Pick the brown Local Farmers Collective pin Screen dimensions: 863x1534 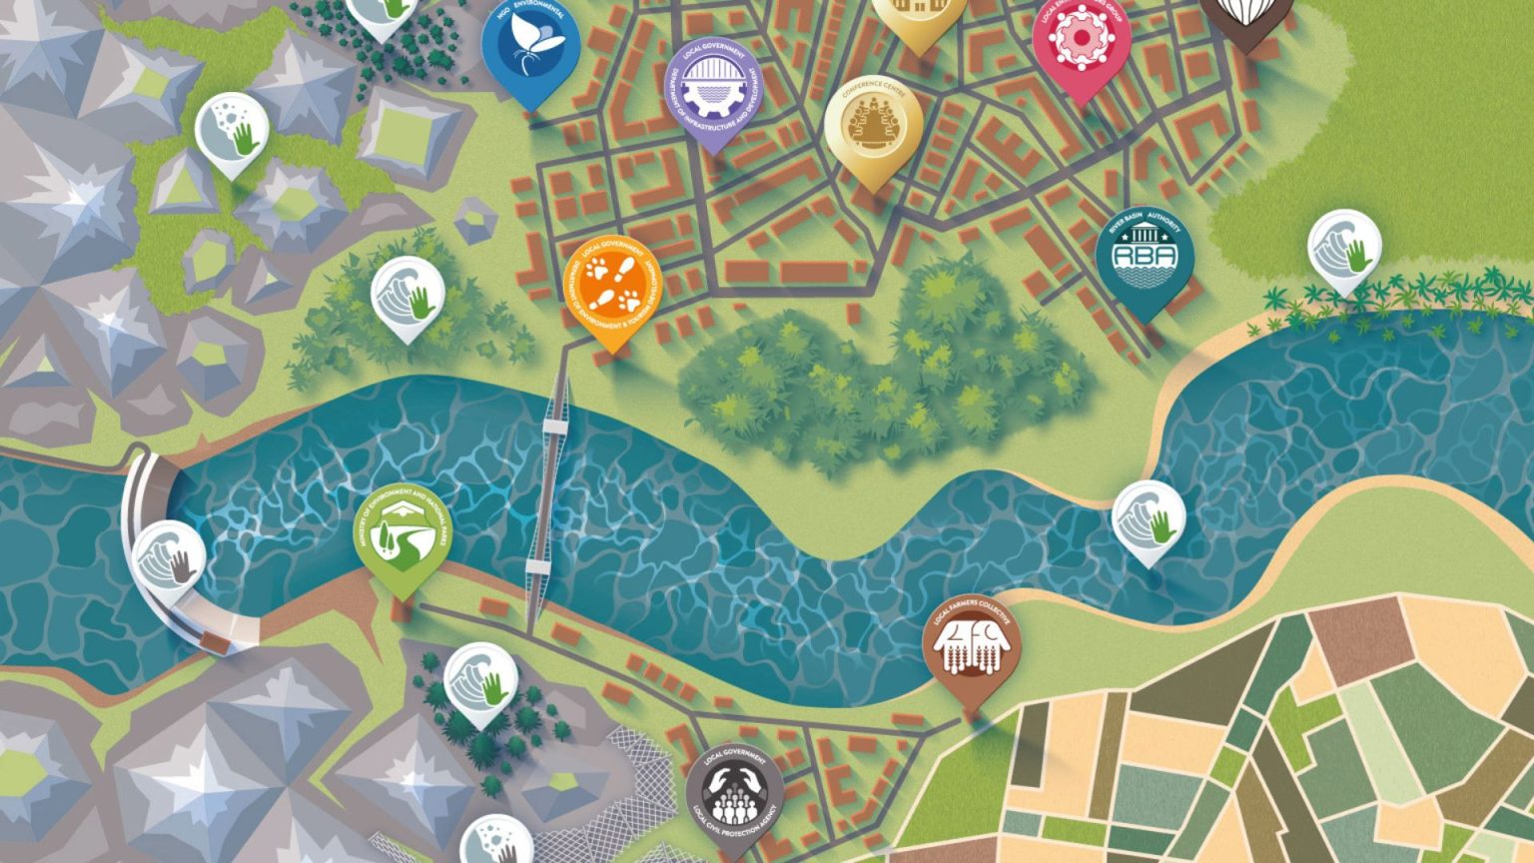[973, 646]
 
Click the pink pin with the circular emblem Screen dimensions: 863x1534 [1082, 40]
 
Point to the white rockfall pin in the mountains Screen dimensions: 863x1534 [232, 132]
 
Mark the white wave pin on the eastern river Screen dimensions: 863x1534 [1149, 517]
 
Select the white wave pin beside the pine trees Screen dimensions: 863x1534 [480, 681]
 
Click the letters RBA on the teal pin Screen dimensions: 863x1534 [1145, 255]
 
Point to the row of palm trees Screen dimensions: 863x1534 [1398, 295]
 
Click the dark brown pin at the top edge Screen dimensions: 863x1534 [1245, 15]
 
